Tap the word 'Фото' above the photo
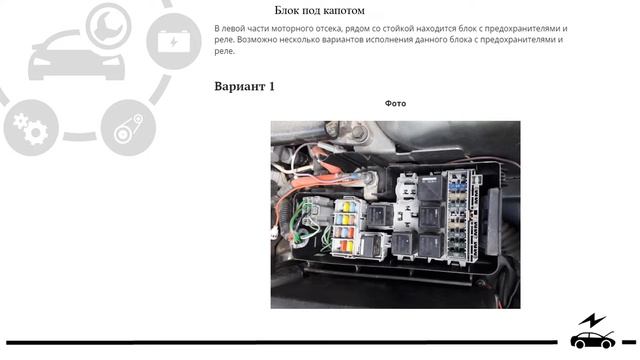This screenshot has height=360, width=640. pyautogui.click(x=395, y=103)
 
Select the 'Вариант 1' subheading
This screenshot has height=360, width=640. pyautogui.click(x=244, y=86)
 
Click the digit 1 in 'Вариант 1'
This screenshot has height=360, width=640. pyautogui.click(x=270, y=86)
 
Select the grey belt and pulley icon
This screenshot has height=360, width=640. pyautogui.click(x=128, y=128)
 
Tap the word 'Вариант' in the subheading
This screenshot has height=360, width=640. pyautogui.click(x=238, y=86)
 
